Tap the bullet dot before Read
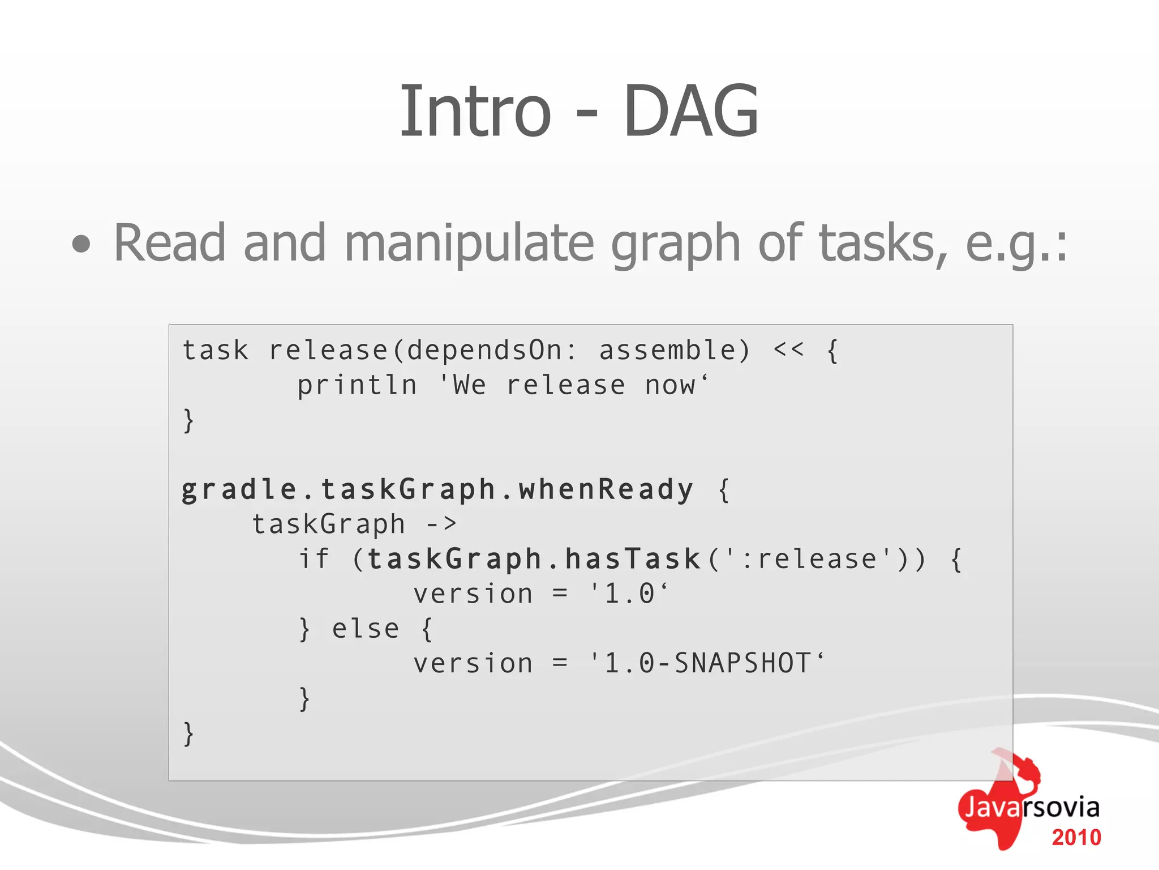tap(81, 244)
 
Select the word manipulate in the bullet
tap(469, 244)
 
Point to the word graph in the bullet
tap(676, 244)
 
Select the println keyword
tap(357, 385)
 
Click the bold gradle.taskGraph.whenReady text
tap(437, 489)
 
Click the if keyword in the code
tap(314, 558)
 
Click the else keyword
tap(366, 629)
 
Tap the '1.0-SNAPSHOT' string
tap(707, 663)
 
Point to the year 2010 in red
tap(1076, 838)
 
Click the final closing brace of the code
tap(188, 733)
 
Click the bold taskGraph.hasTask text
tap(534, 559)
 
